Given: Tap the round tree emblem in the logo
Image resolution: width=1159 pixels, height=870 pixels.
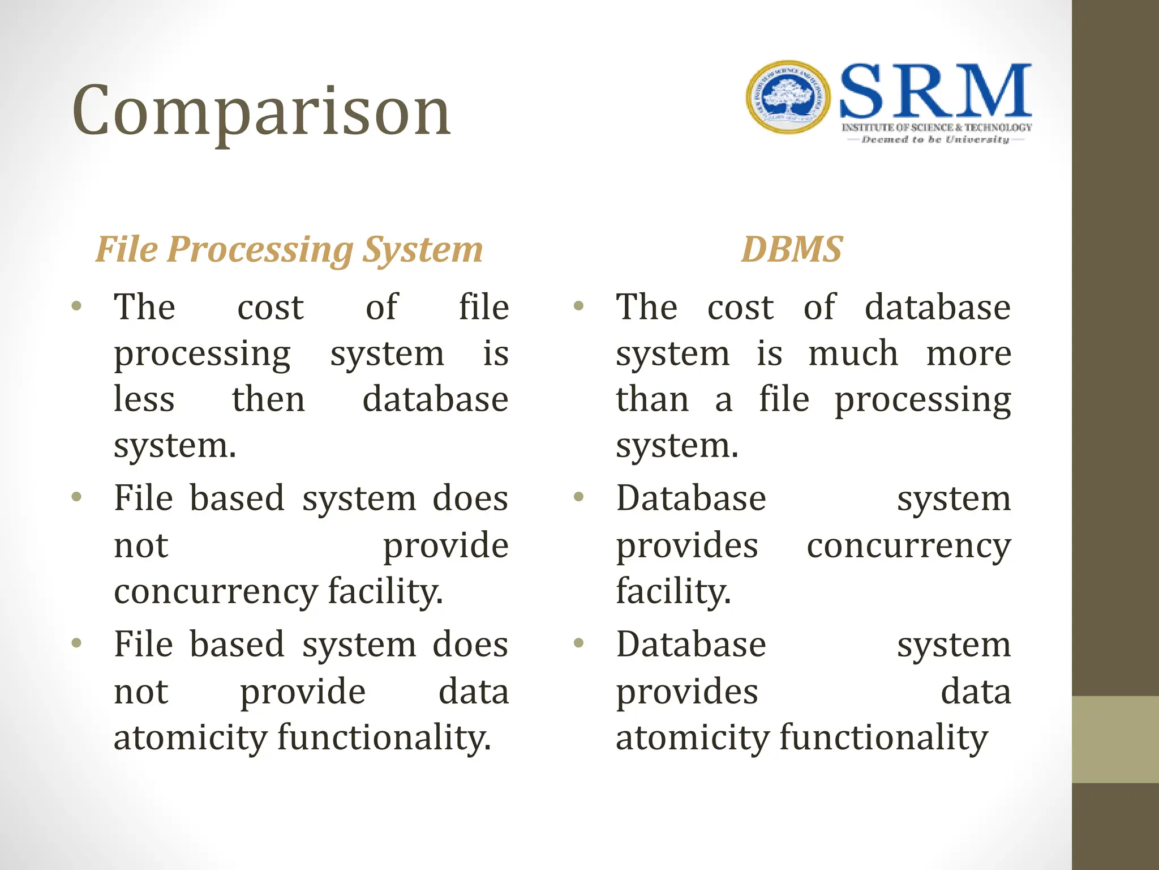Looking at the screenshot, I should click(x=788, y=97).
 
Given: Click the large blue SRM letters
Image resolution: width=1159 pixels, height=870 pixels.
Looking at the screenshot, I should click(x=935, y=92).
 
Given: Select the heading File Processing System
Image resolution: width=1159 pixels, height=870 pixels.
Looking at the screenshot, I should click(x=289, y=249).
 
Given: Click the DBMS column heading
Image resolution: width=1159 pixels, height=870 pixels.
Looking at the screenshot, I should click(x=792, y=249).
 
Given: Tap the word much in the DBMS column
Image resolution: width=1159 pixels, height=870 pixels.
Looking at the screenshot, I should click(x=853, y=353).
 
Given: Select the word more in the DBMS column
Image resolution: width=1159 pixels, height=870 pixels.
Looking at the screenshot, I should click(x=968, y=353).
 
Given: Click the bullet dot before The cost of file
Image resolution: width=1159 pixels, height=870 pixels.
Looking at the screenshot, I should click(x=77, y=306).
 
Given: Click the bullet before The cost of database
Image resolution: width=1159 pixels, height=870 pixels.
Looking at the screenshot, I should click(x=578, y=306).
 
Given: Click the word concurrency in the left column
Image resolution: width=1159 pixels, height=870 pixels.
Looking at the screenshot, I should click(x=216, y=592).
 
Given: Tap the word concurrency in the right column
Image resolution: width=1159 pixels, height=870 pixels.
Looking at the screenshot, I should click(x=908, y=547).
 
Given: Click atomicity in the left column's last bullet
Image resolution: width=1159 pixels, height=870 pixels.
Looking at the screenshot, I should click(x=190, y=737).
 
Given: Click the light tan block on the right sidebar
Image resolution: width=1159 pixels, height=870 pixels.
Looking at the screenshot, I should click(x=1115, y=739).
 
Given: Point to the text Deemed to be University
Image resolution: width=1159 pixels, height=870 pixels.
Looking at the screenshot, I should click(x=935, y=139).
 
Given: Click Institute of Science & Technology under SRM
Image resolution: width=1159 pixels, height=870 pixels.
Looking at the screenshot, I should click(x=936, y=127).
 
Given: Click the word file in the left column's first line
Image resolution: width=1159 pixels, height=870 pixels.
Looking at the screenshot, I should click(x=483, y=307).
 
